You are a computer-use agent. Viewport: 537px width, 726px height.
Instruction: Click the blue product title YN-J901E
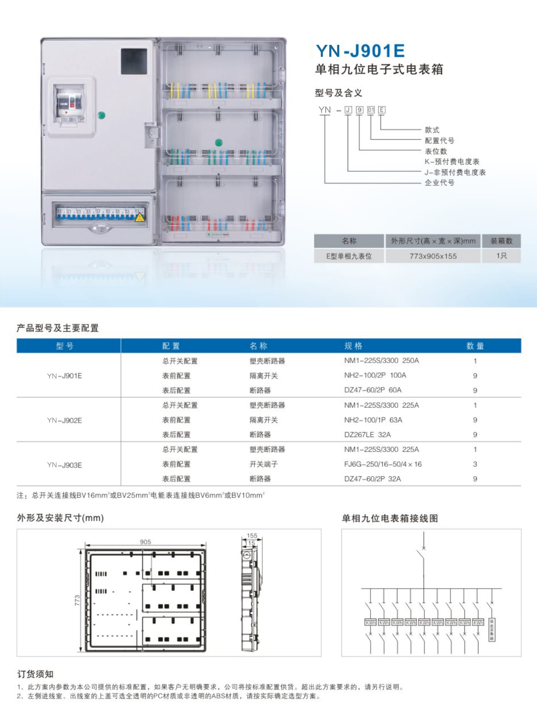tap(360, 51)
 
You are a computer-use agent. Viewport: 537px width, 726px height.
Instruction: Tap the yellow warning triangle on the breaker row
tap(140, 217)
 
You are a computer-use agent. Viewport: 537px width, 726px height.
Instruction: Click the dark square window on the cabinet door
tap(134, 61)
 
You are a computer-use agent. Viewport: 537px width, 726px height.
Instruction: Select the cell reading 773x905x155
tap(433, 256)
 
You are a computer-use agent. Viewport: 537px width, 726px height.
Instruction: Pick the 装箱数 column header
tap(501, 241)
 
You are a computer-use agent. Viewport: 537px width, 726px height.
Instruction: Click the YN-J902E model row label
tap(64, 420)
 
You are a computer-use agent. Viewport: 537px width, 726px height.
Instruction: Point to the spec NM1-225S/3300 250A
tap(381, 360)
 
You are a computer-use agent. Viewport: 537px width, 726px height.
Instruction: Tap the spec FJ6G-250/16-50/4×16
tap(383, 464)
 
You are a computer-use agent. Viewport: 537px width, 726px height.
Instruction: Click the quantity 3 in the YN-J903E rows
tap(475, 464)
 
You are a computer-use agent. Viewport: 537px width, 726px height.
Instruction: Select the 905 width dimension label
tap(145, 542)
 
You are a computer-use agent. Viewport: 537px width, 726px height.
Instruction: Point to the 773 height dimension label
tap(77, 600)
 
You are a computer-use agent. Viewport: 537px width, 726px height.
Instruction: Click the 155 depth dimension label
tap(252, 536)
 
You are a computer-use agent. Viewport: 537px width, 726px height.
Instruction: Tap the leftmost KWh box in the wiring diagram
tap(370, 623)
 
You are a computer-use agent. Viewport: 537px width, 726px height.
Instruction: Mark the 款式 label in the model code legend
tap(432, 130)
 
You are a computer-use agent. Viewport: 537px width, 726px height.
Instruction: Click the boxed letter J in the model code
tap(348, 110)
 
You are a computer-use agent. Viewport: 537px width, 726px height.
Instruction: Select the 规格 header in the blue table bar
tap(353, 346)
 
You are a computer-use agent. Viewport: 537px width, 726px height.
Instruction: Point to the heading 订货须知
tap(35, 674)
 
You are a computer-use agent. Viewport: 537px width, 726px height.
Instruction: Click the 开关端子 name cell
tap(263, 464)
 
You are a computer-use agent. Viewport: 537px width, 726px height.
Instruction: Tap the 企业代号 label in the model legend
tap(439, 183)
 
